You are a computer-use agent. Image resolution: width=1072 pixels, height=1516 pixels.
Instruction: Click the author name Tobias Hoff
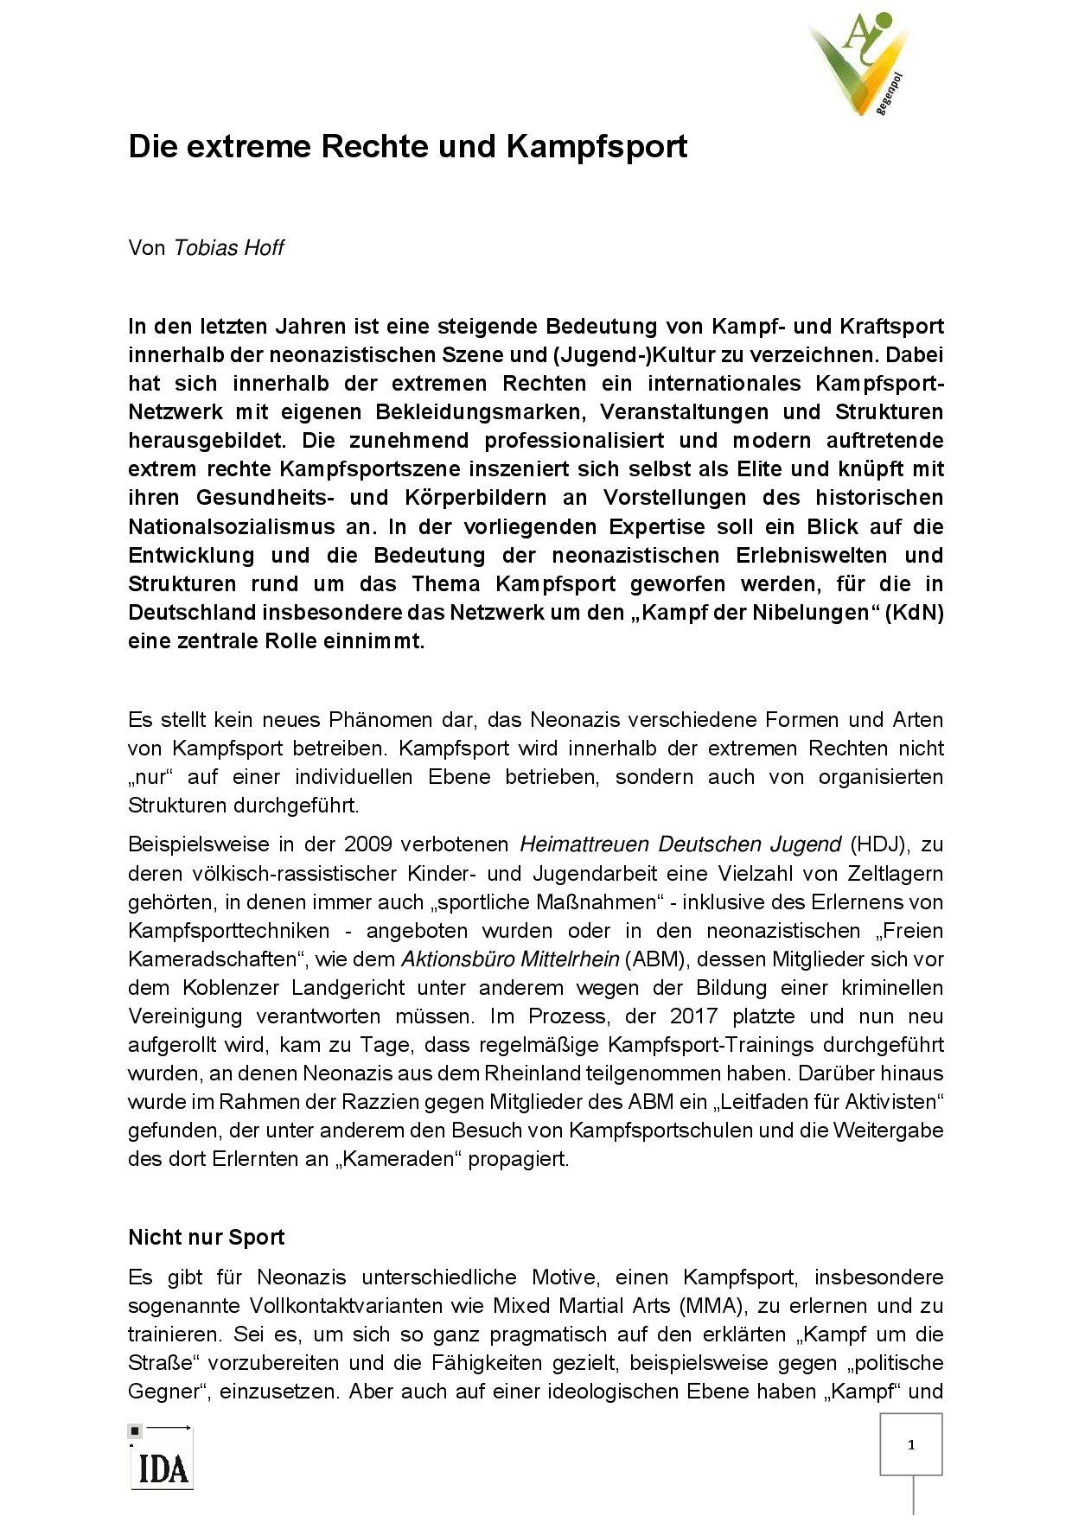coord(228,248)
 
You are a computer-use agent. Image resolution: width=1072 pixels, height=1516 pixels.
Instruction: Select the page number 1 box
coord(910,1444)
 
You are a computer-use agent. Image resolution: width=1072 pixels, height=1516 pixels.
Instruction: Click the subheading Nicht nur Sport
coord(206,1238)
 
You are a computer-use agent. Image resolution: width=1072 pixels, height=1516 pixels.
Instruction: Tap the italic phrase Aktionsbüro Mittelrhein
coord(510,959)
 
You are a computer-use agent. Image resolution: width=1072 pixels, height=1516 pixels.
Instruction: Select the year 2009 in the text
coord(368,844)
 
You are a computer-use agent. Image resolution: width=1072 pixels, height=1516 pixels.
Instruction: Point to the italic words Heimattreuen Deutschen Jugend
coord(680,844)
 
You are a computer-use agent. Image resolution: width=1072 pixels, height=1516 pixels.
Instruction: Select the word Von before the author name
coord(146,248)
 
